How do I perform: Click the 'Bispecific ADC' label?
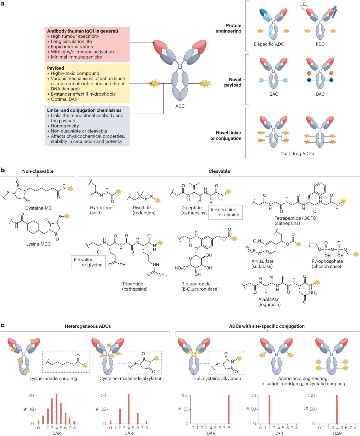[x=269, y=44]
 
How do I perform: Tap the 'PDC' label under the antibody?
[x=320, y=44]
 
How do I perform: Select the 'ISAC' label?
[x=273, y=94]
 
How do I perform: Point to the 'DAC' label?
[x=320, y=94]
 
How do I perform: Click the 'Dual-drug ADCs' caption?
[x=297, y=154]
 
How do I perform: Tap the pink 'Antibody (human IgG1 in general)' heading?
[x=83, y=31]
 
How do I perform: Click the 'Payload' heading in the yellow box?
[x=56, y=68]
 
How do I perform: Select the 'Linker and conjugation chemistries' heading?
[x=84, y=110]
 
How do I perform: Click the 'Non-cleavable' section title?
[x=38, y=171]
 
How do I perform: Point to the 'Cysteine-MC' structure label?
[x=39, y=208]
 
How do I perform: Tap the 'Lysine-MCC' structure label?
[x=39, y=244]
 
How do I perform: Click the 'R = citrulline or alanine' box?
[x=225, y=212]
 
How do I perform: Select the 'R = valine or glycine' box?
[x=88, y=262]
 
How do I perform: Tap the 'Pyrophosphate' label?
[x=327, y=261]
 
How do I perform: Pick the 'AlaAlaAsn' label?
[x=269, y=299]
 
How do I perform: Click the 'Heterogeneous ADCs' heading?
[x=88, y=326]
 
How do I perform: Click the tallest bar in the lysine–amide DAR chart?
[x=57, y=409]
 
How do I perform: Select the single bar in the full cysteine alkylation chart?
[x=229, y=409]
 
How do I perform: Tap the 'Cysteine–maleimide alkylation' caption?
[x=131, y=379]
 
